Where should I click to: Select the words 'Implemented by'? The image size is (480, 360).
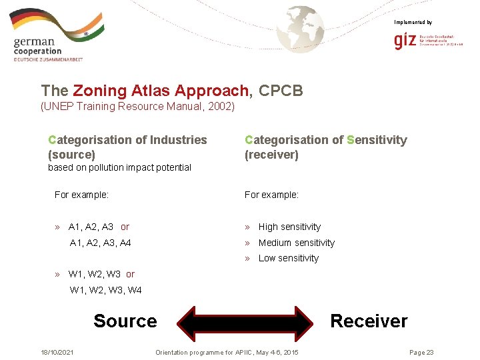coord(413,23)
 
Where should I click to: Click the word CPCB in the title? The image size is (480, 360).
coord(281,90)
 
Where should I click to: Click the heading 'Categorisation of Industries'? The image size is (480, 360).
coord(127,140)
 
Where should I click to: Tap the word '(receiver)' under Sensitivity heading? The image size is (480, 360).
coord(271,155)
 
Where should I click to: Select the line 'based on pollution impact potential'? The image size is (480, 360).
coord(119,167)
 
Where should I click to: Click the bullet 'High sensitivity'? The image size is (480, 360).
coord(289,227)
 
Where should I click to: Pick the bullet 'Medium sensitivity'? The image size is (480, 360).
coord(296,243)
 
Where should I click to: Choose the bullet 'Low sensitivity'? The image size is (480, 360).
coord(288,258)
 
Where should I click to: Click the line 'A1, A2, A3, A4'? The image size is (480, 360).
coord(100,243)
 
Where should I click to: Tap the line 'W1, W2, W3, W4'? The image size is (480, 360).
coord(105,290)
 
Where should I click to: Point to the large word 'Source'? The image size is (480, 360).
coord(125,321)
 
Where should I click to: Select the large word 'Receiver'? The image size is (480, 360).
coord(369,321)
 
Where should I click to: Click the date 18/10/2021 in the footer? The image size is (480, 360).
coord(57,352)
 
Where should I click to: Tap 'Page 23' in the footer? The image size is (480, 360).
coord(421,352)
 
